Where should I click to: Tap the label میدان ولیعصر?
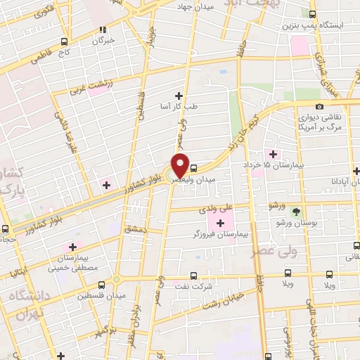[x=218, y=179]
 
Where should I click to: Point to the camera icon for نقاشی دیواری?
[x=320, y=106]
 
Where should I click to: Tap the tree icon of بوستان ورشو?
[x=296, y=211]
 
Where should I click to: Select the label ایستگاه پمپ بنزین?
[x=332, y=25]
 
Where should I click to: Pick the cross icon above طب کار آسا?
[x=179, y=96]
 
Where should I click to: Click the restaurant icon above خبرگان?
[x=103, y=30]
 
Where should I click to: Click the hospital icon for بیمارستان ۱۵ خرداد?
[x=271, y=154]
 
